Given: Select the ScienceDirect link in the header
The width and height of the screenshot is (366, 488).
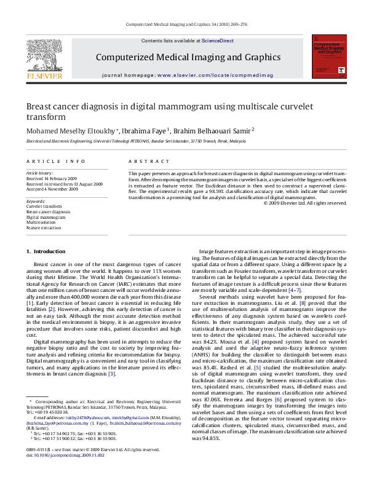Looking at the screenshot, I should point(218,40).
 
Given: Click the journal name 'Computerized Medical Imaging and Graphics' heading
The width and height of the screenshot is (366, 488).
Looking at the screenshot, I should point(188,57).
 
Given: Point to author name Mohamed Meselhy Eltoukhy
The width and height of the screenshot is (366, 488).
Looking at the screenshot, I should point(65,130).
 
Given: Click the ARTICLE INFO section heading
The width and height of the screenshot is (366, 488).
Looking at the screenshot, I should point(55,161).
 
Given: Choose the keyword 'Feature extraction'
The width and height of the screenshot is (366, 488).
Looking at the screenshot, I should point(44,228).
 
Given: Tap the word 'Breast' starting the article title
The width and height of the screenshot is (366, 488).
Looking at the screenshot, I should point(41,106).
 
